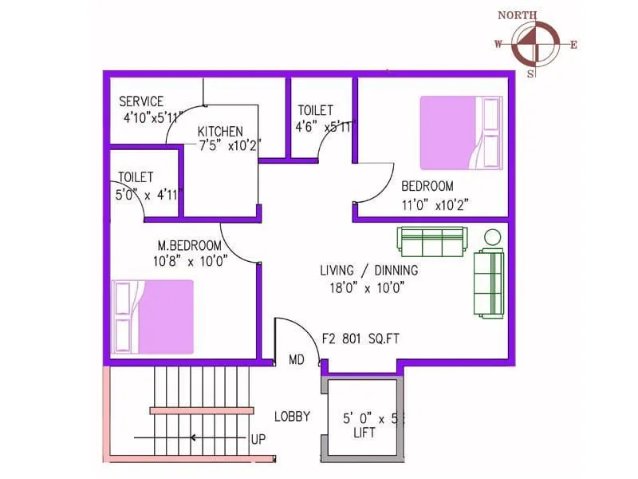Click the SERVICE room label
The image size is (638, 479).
click(x=141, y=101)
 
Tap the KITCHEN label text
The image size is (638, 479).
click(x=220, y=132)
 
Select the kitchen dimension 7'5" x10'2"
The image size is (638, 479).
click(x=230, y=145)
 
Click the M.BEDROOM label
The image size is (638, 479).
click(x=189, y=245)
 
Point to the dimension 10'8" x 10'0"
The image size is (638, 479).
click(x=191, y=259)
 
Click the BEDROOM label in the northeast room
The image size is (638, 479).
click(x=427, y=186)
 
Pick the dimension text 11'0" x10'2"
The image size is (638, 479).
click(x=435, y=204)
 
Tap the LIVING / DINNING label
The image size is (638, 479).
click(x=368, y=271)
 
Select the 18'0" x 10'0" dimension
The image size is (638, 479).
click(x=368, y=288)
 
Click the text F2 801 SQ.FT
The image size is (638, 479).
click(x=360, y=338)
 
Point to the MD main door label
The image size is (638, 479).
click(x=297, y=360)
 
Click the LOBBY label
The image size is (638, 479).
click(x=292, y=416)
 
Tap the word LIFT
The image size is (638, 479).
click(x=364, y=433)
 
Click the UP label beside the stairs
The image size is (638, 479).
click(x=258, y=439)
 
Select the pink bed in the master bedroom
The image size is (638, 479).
click(x=154, y=316)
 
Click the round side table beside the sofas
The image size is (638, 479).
click(x=492, y=237)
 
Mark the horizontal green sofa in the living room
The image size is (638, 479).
click(x=431, y=241)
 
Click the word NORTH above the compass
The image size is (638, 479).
click(x=517, y=15)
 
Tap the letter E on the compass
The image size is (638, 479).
click(x=573, y=45)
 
